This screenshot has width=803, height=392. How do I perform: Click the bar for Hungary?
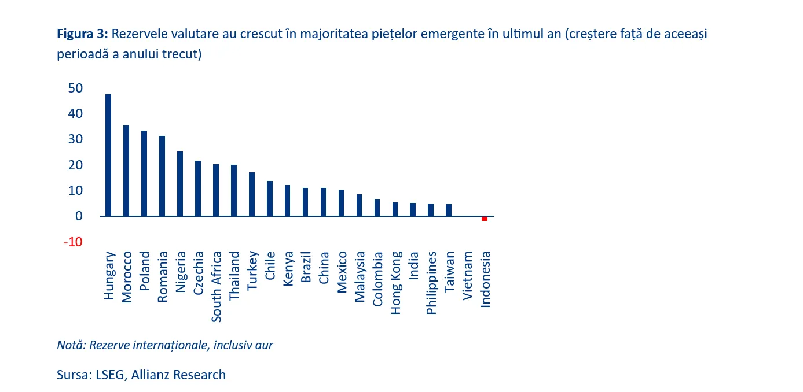coord(108,155)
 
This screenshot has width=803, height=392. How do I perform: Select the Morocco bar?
coord(126,171)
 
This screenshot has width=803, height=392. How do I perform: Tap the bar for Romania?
coord(162,176)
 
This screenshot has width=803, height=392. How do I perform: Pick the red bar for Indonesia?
coord(485,219)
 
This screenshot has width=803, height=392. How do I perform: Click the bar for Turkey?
coord(252,194)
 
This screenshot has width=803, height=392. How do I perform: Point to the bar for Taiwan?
coord(449,210)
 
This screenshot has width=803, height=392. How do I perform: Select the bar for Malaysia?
coord(359,205)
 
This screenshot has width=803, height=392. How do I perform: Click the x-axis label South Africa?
coord(217,286)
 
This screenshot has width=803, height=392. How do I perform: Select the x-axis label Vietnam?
coord(467,276)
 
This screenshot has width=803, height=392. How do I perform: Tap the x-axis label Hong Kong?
coord(396,282)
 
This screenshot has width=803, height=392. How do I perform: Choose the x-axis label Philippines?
coord(431,283)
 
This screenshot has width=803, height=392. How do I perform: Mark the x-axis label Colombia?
coord(377,278)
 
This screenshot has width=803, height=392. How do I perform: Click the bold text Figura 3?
coord(82,34)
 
